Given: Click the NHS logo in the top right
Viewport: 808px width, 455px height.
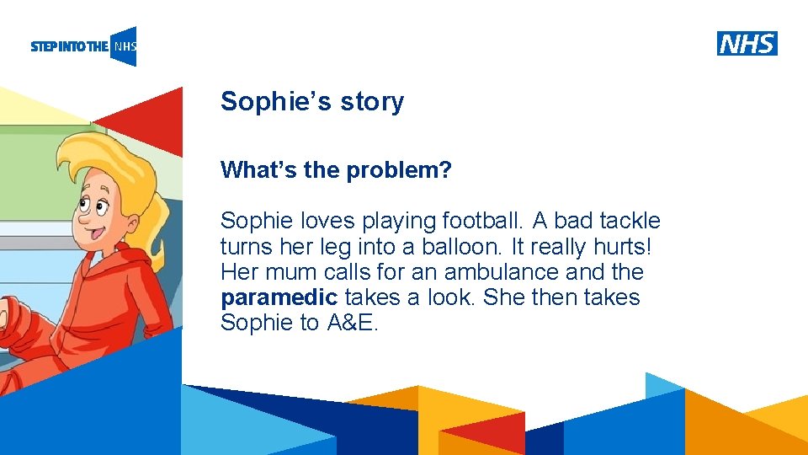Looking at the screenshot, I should [x=747, y=44].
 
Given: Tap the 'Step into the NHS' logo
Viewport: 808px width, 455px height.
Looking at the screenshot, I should [x=83, y=46].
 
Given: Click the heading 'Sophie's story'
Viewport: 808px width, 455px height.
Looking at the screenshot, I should [x=311, y=102].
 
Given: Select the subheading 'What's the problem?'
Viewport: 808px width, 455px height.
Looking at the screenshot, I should [x=336, y=171].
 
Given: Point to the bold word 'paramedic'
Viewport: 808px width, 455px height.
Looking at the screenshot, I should [x=279, y=297].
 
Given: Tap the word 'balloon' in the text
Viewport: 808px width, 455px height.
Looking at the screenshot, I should [x=455, y=247].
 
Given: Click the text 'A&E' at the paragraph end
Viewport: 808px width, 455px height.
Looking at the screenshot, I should [x=353, y=323].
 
